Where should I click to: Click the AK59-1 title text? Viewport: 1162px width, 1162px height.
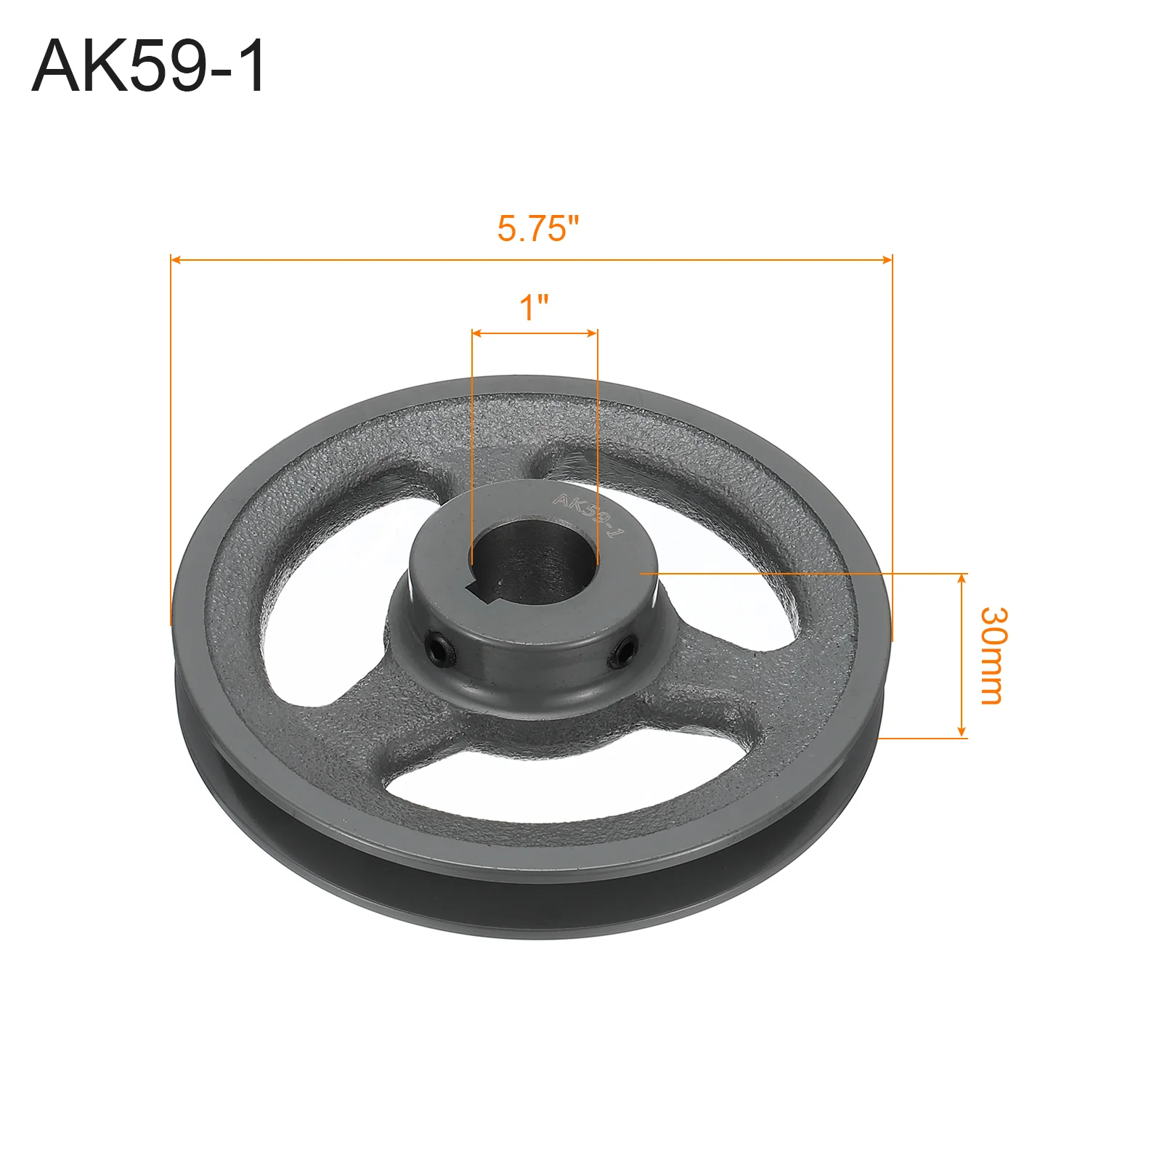(x=150, y=66)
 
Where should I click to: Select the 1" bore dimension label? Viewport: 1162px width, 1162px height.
(x=534, y=307)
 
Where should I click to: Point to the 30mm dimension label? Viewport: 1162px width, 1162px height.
(x=992, y=656)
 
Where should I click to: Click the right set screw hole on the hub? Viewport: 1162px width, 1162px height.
(x=624, y=649)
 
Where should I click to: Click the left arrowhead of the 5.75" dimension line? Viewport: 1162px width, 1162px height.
(x=175, y=259)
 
